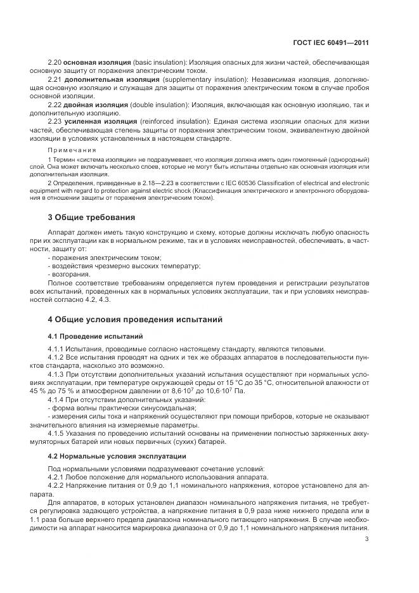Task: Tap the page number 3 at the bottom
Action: pos(367,539)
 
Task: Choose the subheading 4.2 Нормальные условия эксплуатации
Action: pos(108,455)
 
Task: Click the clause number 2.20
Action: pos(55,65)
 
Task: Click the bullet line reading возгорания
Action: pos(69,274)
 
